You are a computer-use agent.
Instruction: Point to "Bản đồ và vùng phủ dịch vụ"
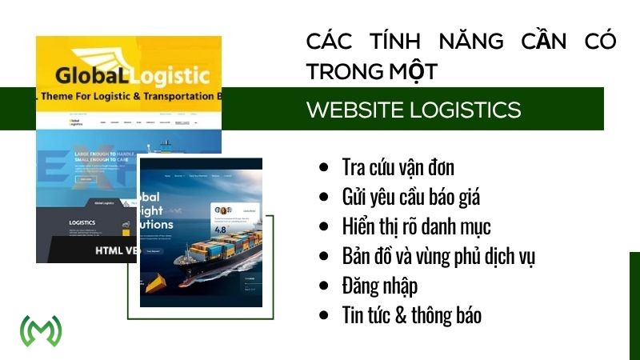pyautogui.click(x=438, y=256)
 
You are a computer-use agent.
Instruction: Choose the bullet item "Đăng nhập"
pyautogui.click(x=379, y=285)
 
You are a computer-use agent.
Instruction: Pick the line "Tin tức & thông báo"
pyautogui.click(x=411, y=314)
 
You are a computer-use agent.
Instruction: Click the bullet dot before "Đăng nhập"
pyautogui.click(x=323, y=285)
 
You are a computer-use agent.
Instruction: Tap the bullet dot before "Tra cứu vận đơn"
pyautogui.click(x=323, y=168)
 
